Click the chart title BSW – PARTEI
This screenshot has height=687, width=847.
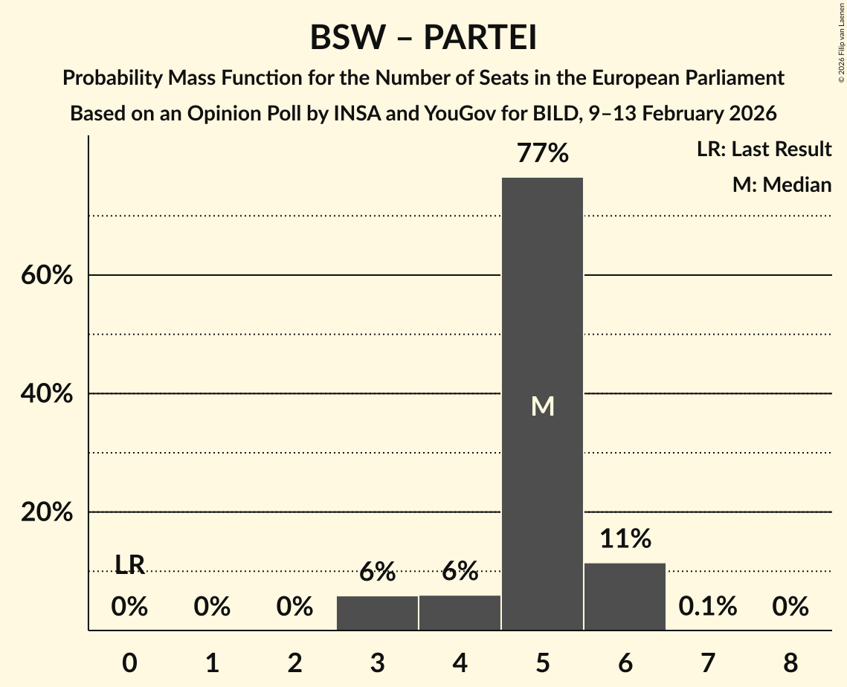click(x=423, y=37)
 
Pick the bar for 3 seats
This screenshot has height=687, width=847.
click(x=377, y=613)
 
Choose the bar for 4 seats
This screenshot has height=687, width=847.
click(x=460, y=613)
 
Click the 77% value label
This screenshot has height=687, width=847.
click(x=543, y=154)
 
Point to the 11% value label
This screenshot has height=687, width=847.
click(x=625, y=538)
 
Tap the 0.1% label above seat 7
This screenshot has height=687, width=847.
click(x=707, y=607)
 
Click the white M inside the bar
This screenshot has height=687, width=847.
click(x=543, y=406)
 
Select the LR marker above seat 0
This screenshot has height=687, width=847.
click(x=129, y=565)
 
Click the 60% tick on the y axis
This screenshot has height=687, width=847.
click(x=46, y=276)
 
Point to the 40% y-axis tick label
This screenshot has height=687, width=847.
click(x=46, y=394)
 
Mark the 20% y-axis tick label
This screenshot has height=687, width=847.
click(x=46, y=513)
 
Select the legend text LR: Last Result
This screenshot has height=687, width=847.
click(x=764, y=149)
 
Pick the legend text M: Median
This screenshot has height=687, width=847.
click(x=782, y=184)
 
